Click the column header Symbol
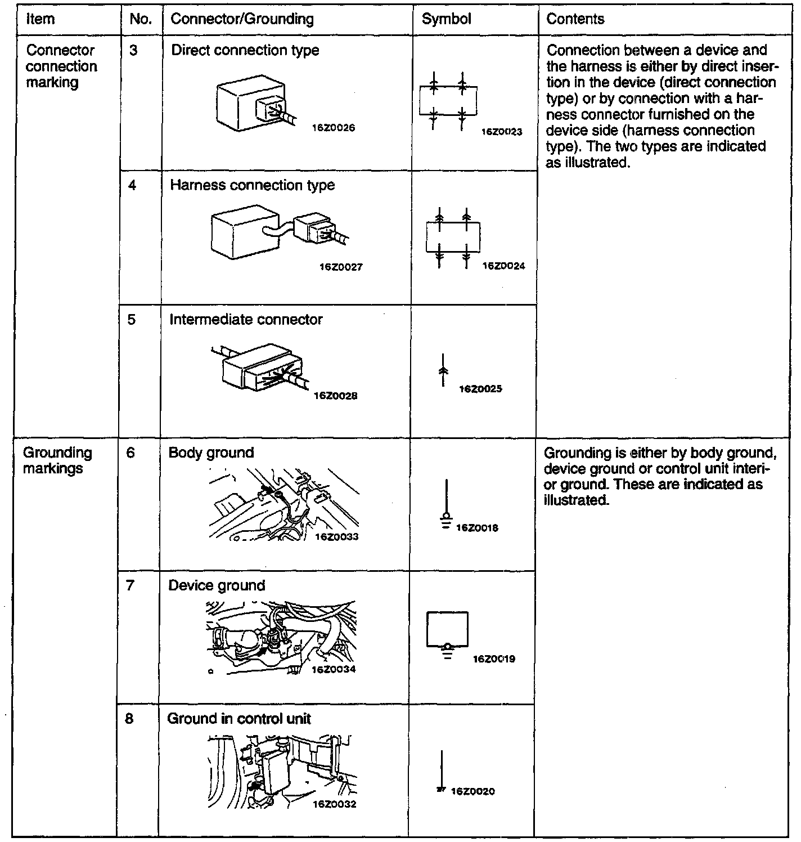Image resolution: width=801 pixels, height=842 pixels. pyautogui.click(x=447, y=19)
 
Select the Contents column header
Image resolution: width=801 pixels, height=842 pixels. pyautogui.click(x=575, y=19)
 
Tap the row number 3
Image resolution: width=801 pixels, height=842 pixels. pyautogui.click(x=133, y=51)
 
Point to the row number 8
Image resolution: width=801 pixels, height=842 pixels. pyautogui.click(x=130, y=719)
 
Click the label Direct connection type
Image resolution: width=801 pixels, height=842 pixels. pyautogui.click(x=245, y=51)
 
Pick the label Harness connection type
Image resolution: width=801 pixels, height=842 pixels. pyautogui.click(x=252, y=185)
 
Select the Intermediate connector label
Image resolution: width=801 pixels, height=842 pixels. pyautogui.click(x=246, y=320)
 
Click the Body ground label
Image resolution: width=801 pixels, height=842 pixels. pyautogui.click(x=211, y=453)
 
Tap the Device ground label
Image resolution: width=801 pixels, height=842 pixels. pyautogui.click(x=217, y=586)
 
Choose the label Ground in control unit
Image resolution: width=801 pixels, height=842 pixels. pyautogui.click(x=239, y=719)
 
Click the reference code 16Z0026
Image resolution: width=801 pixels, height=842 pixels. pyautogui.click(x=334, y=128)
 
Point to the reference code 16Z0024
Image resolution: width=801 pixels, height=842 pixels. pyautogui.click(x=503, y=266)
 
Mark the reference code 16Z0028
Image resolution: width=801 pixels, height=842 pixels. pyautogui.click(x=336, y=396)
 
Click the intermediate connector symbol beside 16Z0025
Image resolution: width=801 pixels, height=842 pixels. pyautogui.click(x=443, y=370)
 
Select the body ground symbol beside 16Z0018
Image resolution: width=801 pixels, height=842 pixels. pyautogui.click(x=447, y=504)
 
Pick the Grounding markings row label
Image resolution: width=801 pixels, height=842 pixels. pyautogui.click(x=57, y=461)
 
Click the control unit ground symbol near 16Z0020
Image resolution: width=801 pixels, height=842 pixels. pyautogui.click(x=442, y=773)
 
